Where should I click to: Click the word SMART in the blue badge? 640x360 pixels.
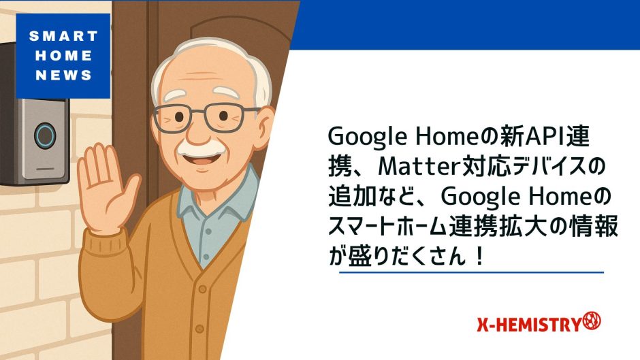click(63, 36)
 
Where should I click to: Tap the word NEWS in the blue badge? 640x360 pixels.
click(64, 75)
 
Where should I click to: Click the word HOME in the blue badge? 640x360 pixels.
click(64, 56)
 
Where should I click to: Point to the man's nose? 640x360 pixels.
click(199, 130)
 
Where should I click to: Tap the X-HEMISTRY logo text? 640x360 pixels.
click(529, 325)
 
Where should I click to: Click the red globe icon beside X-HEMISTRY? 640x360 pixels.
click(592, 321)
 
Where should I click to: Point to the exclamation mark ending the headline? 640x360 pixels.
click(479, 257)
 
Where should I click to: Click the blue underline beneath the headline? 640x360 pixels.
click(471, 272)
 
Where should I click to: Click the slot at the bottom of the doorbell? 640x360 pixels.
click(46, 169)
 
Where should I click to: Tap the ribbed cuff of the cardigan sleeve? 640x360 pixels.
click(103, 244)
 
